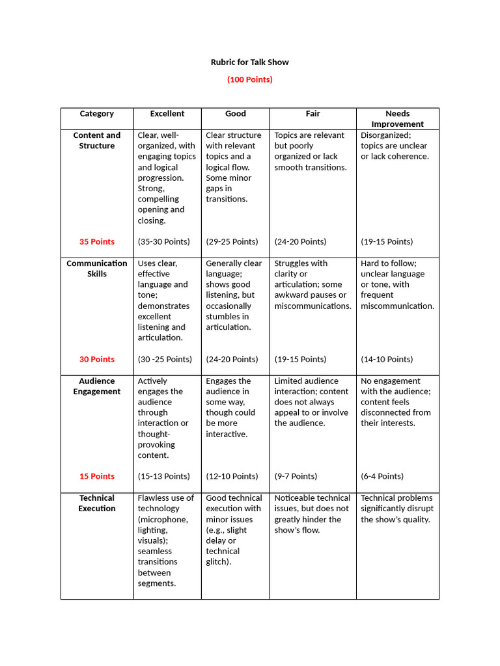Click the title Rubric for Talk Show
pos(249,62)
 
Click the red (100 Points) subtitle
pos(249,79)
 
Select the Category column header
pos(97,114)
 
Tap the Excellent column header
pos(167,114)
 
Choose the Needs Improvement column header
pos(397,118)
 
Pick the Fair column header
pos(312,114)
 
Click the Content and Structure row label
pos(97,140)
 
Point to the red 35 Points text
pos(97,242)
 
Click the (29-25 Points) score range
pos(232,242)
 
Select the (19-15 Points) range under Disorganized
pos(387,242)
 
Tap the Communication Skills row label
pos(97,269)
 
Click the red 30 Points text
pos(97,360)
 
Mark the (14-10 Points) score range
pos(387,360)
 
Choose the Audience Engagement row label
pos(97,386)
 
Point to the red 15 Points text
pos(97,477)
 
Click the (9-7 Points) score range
pos(296,477)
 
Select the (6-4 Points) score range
pos(382,477)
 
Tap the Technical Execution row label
pos(97,503)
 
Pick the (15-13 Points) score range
pos(164,477)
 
